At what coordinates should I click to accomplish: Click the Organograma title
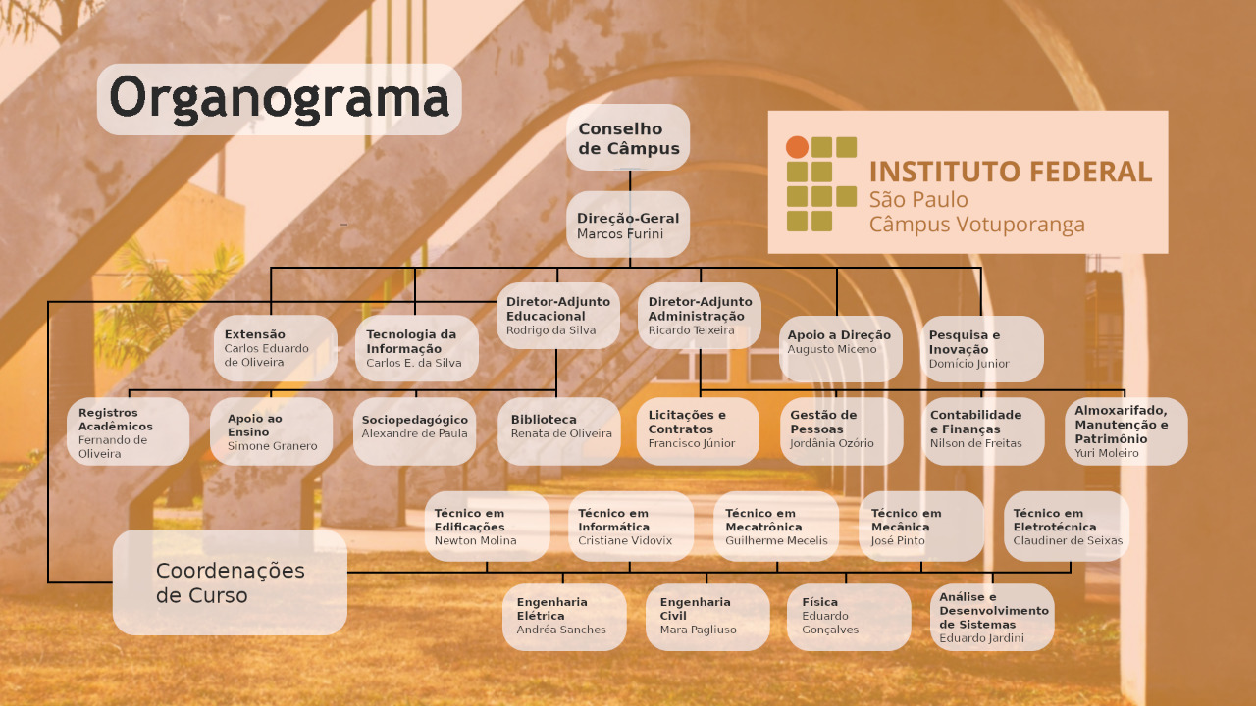pyautogui.click(x=280, y=99)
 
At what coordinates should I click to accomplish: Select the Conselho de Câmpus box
pyautogui.click(x=628, y=137)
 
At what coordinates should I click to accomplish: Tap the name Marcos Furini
pyautogui.click(x=620, y=233)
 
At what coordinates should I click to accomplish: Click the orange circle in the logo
pyautogui.click(x=797, y=147)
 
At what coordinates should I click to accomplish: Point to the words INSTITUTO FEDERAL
pyautogui.click(x=1011, y=172)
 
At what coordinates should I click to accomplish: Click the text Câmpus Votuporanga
pyautogui.click(x=976, y=225)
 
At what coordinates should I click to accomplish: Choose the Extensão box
pyautogui.click(x=276, y=348)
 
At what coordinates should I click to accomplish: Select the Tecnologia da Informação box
pyautogui.click(x=417, y=348)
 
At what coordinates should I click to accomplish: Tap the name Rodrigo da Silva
pyautogui.click(x=551, y=330)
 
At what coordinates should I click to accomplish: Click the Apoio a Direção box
pyautogui.click(x=841, y=348)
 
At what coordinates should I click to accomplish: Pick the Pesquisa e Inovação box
pyautogui.click(x=982, y=348)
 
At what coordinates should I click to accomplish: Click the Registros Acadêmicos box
pyautogui.click(x=128, y=431)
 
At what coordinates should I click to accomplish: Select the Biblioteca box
pyautogui.click(x=559, y=431)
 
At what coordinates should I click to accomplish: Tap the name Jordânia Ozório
pyautogui.click(x=832, y=443)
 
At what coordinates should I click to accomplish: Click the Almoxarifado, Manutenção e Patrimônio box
pyautogui.click(x=1125, y=431)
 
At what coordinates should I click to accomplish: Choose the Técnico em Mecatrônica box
pyautogui.click(x=776, y=527)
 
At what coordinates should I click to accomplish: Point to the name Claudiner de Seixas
pyautogui.click(x=1068, y=540)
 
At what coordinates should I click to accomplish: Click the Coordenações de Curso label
pyautogui.click(x=231, y=582)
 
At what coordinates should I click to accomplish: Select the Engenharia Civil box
pyautogui.click(x=707, y=617)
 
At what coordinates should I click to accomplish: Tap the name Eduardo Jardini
pyautogui.click(x=982, y=638)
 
